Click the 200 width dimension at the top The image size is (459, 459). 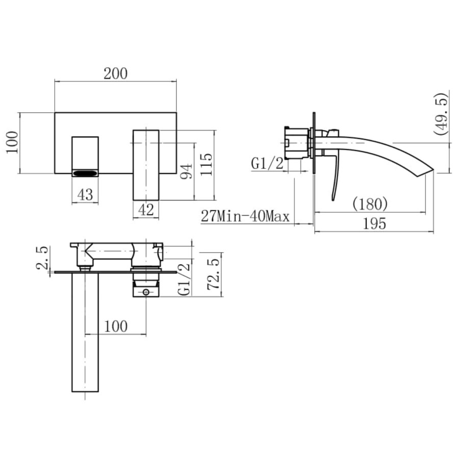[x=115, y=73]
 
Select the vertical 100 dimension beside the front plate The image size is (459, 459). [x=12, y=143]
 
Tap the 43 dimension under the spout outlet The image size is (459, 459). [x=85, y=194]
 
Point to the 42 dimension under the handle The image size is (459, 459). [x=146, y=210]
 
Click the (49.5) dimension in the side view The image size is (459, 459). [x=442, y=113]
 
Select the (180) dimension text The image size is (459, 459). [x=370, y=204]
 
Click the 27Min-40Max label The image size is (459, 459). [x=245, y=216]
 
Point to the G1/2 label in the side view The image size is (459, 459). [x=267, y=163]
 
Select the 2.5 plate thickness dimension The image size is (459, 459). [x=43, y=257]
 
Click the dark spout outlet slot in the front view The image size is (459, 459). [x=85, y=173]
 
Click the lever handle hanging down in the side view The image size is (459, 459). [x=335, y=178]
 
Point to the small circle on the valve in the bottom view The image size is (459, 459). [x=146, y=292]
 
